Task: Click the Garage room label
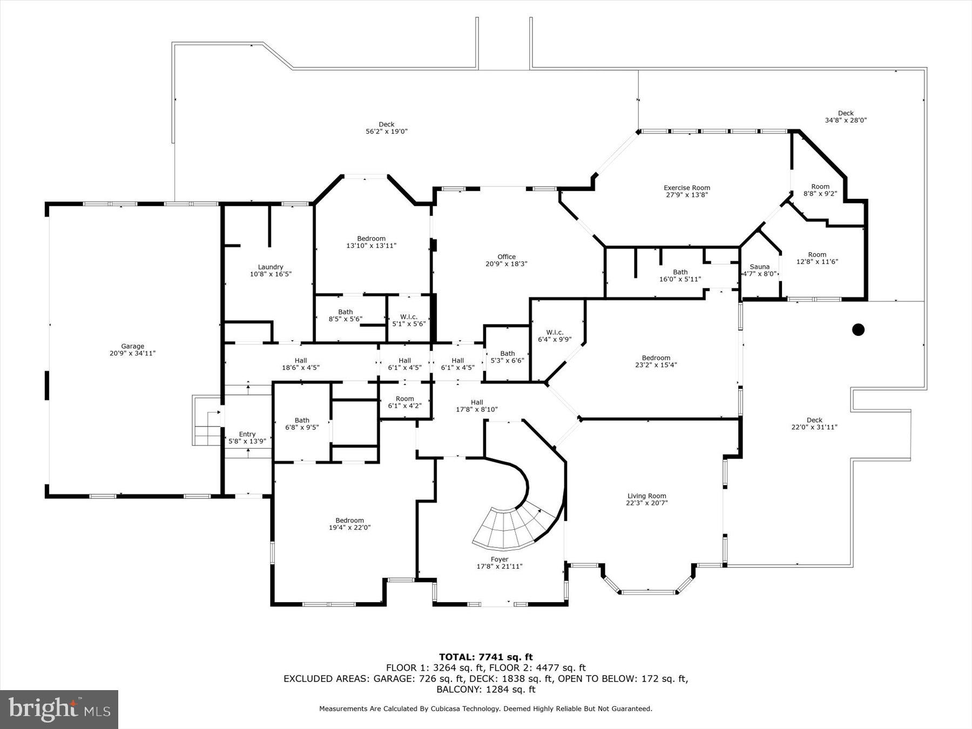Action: pyautogui.click(x=132, y=347)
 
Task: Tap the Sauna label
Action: pyautogui.click(x=759, y=267)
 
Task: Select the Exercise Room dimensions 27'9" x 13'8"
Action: pyautogui.click(x=686, y=195)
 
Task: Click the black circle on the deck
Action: pyautogui.click(x=858, y=329)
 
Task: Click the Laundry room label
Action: pyautogui.click(x=271, y=267)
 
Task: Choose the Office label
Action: pyautogui.click(x=507, y=257)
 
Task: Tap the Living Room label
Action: pyautogui.click(x=646, y=496)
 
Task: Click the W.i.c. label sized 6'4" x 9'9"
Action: pyautogui.click(x=555, y=333)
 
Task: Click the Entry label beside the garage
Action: pyautogui.click(x=247, y=434)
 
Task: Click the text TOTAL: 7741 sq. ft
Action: pyautogui.click(x=485, y=657)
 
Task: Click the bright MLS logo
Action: pyautogui.click(x=59, y=709)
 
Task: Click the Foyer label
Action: pyautogui.click(x=500, y=559)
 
